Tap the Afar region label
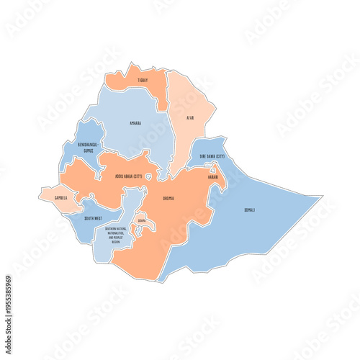pyautogui.click(x=190, y=117)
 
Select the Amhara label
pyautogui.click(x=135, y=123)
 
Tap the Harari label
pyautogui.click(x=213, y=176)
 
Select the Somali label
pyautogui.click(x=249, y=210)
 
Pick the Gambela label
pyautogui.click(x=60, y=197)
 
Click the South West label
pyautogui.click(x=92, y=217)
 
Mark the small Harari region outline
pyautogui.click(x=213, y=170)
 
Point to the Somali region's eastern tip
pyautogui.click(x=320, y=196)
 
